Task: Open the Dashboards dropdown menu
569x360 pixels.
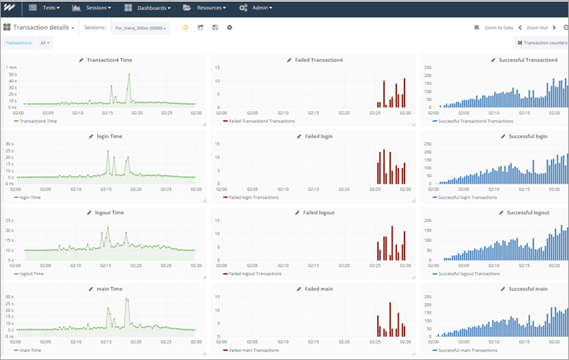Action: pyautogui.click(x=149, y=8)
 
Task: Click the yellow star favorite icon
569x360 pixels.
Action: pyautogui.click(x=185, y=27)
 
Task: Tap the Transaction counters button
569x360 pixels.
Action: pyautogui.click(x=542, y=43)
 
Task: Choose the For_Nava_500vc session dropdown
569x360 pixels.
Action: pyautogui.click(x=139, y=28)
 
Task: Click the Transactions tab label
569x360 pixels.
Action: pyautogui.click(x=19, y=43)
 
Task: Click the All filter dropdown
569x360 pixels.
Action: pyautogui.click(x=45, y=43)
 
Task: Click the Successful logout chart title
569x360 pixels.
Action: pyautogui.click(x=528, y=213)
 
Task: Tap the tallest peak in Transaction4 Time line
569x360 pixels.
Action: pyautogui.click(x=130, y=74)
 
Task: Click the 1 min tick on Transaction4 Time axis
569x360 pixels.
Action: pyautogui.click(x=11, y=68)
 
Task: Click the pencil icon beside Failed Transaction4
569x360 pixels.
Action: pyautogui.click(x=289, y=59)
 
